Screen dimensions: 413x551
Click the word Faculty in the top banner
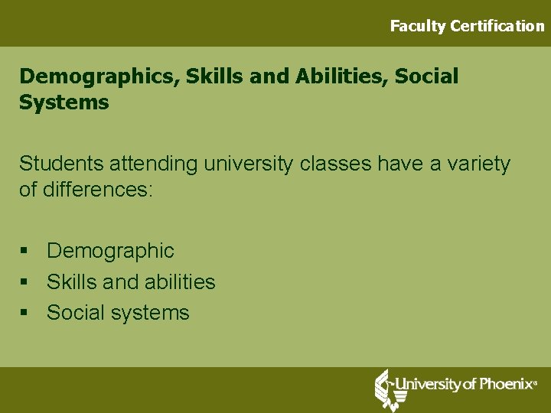pos(417,26)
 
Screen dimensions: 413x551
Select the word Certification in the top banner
pos(497,26)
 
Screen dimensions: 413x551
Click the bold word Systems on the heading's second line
pos(64,102)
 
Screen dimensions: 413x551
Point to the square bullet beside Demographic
pos(24,251)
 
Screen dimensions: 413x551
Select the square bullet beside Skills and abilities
pos(24,282)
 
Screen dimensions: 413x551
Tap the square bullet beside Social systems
pos(24,313)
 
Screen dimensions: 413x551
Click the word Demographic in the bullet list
pos(110,251)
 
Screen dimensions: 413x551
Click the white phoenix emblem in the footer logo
pos(386,389)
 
